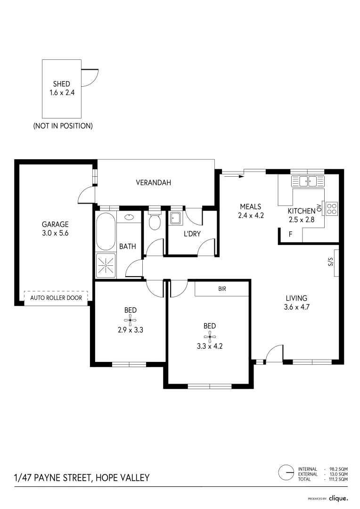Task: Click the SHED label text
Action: coord(61,84)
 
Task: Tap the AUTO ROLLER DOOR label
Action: coord(56,298)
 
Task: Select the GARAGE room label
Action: coord(55,224)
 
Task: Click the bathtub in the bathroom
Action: coord(106,231)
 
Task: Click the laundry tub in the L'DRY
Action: coord(175,218)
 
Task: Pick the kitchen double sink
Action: coord(306,181)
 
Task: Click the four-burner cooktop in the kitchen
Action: coord(332,208)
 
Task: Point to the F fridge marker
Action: coord(285,234)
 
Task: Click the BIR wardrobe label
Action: coord(222,289)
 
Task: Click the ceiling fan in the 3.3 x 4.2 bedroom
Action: coord(210,336)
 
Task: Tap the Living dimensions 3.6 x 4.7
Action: coord(296,307)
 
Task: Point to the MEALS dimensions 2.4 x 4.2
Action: coord(250,215)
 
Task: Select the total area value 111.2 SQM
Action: coord(338,479)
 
